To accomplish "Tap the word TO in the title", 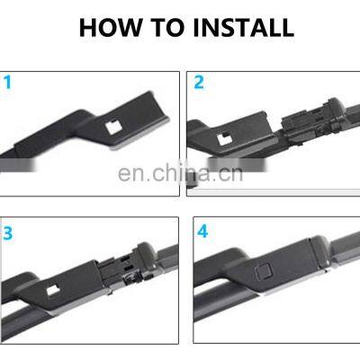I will [x=163, y=27].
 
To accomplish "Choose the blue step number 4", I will [x=202, y=232].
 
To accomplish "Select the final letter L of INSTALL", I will [x=288, y=27].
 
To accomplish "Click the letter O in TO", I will [x=171, y=27].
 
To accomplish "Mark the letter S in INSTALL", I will [x=220, y=27].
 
